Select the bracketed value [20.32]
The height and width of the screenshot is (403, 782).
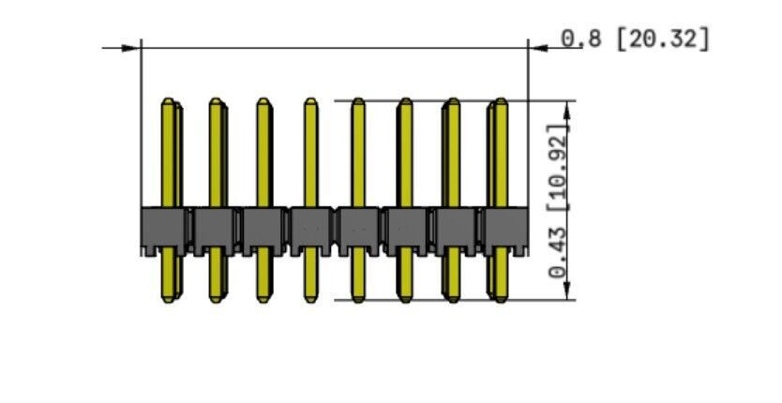(x=663, y=38)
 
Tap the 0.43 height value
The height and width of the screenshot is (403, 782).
(x=558, y=253)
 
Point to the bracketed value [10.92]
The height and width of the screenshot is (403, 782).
(x=558, y=168)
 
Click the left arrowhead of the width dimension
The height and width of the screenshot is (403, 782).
(x=131, y=48)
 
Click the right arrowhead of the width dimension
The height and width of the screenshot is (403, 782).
(x=538, y=48)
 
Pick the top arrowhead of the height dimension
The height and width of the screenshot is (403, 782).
(x=567, y=111)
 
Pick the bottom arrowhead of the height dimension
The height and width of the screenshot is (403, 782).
(x=567, y=291)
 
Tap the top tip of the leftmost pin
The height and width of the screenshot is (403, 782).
(x=168, y=98)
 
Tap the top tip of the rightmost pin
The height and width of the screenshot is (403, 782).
(x=502, y=98)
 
